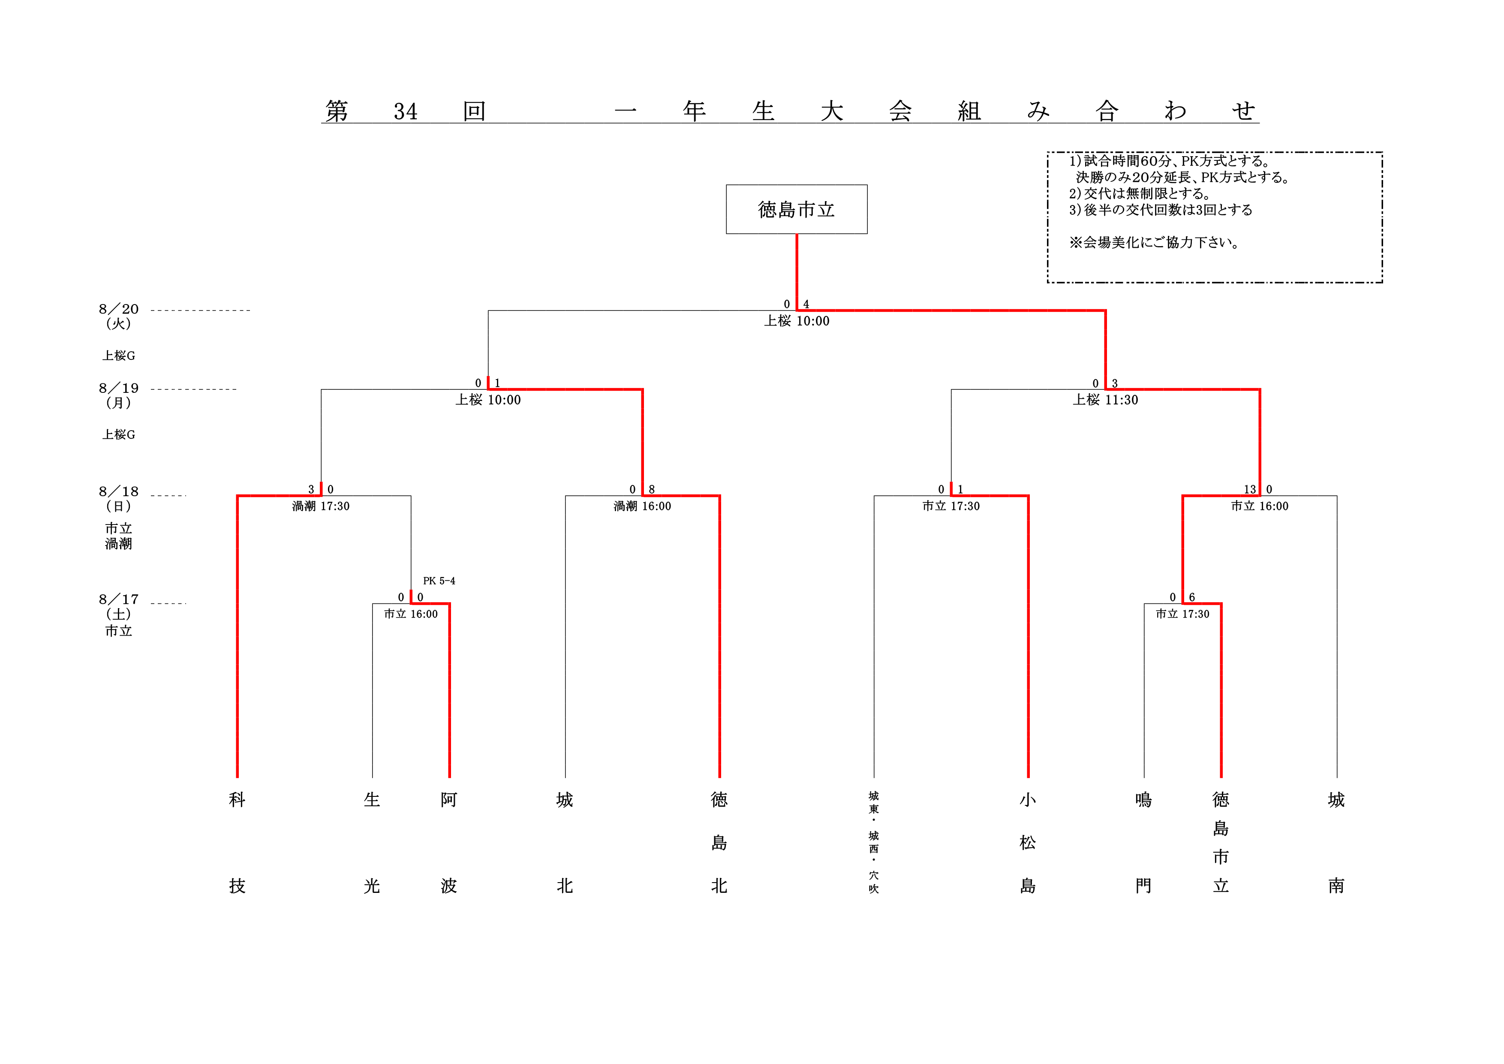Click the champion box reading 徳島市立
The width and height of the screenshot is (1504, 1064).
(x=797, y=209)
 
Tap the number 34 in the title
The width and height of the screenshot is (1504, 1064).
(x=406, y=112)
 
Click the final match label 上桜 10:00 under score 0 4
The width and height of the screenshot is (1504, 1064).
(x=797, y=321)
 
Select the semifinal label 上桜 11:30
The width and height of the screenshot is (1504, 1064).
(x=1105, y=400)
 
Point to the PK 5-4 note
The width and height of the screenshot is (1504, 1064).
(x=439, y=581)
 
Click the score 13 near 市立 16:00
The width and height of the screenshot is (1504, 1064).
(x=1250, y=489)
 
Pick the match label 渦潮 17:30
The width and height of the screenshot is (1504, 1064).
(x=321, y=506)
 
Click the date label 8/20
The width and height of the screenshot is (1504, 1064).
(x=119, y=309)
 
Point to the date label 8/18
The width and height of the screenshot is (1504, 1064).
(x=119, y=491)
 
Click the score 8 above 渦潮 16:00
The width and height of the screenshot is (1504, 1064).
(x=652, y=489)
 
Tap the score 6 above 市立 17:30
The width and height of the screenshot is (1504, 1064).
(x=1192, y=597)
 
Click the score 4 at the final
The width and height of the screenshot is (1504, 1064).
(x=806, y=304)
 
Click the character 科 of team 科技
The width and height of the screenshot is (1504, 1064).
(x=237, y=799)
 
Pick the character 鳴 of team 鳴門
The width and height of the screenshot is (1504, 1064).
(x=1144, y=799)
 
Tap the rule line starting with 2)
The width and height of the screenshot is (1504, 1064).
(x=1140, y=193)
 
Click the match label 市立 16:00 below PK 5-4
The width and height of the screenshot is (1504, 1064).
(x=411, y=614)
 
